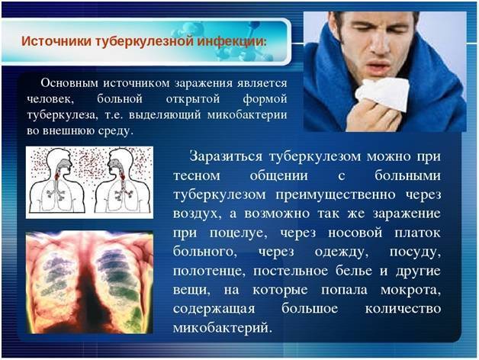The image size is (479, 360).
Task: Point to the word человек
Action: [x=47, y=99]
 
